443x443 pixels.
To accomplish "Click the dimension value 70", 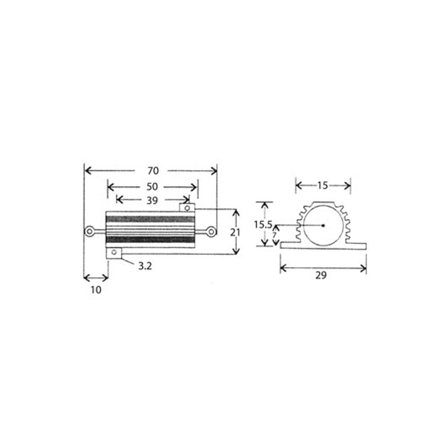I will click(153, 171).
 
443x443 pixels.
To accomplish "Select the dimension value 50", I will click(152, 187).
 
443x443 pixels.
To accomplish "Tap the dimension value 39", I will click(152, 200).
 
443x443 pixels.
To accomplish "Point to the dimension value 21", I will click(235, 232).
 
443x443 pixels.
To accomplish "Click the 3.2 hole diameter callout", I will click(145, 266).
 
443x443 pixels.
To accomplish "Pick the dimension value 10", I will click(96, 290).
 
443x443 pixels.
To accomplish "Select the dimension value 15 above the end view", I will click(323, 185).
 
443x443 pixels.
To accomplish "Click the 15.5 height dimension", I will click(263, 225).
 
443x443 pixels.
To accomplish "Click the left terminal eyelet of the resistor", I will click(89, 232).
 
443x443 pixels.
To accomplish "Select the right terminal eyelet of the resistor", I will click(211, 232).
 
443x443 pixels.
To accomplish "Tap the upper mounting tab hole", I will click(187, 208).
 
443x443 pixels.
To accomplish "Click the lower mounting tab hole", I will click(114, 252).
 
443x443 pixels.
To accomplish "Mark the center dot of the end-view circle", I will click(323, 225).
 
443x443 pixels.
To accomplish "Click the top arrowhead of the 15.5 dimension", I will click(265, 204).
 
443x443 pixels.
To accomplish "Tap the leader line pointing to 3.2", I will click(129, 261).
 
